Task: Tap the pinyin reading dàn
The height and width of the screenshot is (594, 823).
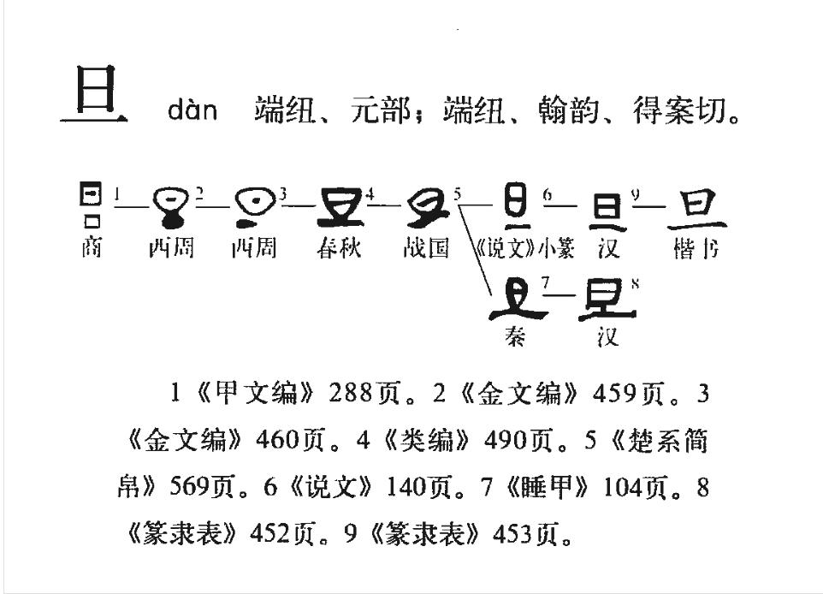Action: click(x=192, y=111)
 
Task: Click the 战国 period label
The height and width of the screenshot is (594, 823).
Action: click(x=426, y=249)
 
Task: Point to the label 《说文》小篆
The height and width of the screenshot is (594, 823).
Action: click(x=524, y=249)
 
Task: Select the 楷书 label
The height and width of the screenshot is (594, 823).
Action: click(x=696, y=249)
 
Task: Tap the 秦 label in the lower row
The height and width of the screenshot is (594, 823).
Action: click(x=515, y=336)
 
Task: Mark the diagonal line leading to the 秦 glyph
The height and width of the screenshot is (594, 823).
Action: click(x=475, y=248)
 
